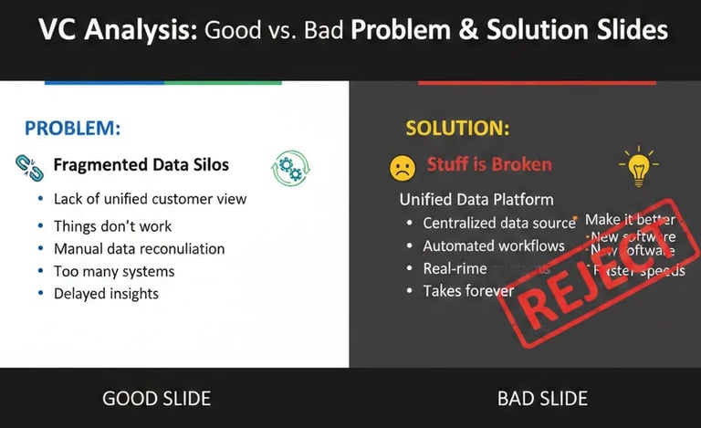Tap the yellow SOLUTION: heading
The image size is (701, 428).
457,128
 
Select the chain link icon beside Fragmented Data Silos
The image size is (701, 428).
26,165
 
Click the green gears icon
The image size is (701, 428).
290,169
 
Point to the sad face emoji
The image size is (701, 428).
402,167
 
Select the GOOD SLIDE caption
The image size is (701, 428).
156,398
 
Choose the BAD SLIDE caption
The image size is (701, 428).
542,398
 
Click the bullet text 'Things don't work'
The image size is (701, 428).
112,225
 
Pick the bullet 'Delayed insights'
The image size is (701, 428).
106,293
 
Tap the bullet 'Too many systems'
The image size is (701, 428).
114,271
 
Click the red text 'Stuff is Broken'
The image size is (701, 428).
488,165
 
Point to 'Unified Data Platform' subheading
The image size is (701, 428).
476,199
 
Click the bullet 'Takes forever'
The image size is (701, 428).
468,291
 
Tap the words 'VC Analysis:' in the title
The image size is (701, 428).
117,30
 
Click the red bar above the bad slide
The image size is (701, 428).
537,82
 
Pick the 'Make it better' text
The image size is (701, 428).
630,220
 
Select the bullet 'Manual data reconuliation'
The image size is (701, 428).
139,248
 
